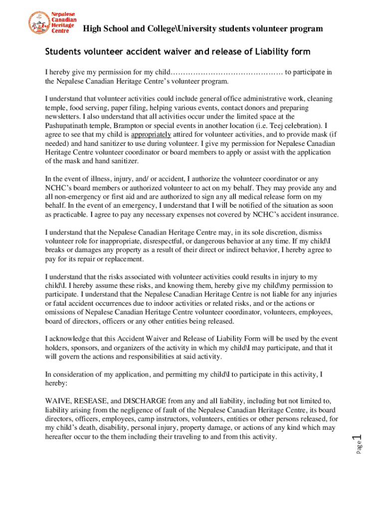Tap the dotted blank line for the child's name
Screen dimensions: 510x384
[227, 73]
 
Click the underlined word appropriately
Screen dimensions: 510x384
[151, 134]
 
